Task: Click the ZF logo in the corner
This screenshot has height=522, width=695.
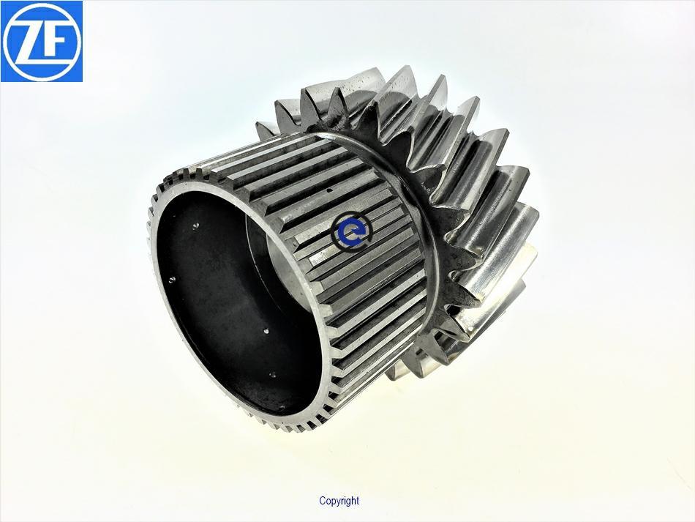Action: pos(42,41)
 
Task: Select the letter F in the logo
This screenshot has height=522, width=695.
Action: pos(56,42)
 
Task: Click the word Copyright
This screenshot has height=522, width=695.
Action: pos(339,502)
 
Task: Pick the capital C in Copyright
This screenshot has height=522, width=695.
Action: pos(322,501)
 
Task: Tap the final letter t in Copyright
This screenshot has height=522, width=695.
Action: pos(357,501)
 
